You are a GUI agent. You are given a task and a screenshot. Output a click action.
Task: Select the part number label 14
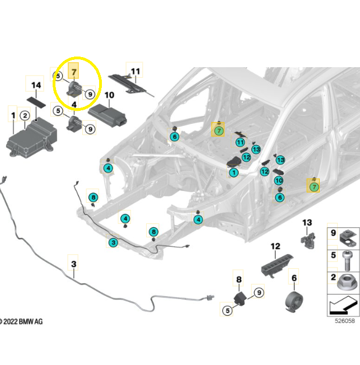[x=36, y=85]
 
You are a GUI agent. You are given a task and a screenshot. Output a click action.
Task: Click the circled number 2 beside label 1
[x=25, y=116]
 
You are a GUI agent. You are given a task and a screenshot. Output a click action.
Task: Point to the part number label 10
[x=109, y=95]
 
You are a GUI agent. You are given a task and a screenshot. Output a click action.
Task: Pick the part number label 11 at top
[x=134, y=71]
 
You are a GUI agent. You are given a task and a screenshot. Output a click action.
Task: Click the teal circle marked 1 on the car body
[x=233, y=173]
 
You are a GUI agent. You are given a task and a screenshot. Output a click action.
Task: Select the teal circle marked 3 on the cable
[x=113, y=242]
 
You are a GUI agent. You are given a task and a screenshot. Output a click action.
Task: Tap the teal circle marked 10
[x=279, y=180]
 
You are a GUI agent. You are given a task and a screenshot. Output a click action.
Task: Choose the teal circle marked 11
[x=240, y=143]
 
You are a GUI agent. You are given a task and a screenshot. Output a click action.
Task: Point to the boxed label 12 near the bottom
[x=275, y=246]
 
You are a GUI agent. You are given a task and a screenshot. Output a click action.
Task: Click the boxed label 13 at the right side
[x=307, y=223]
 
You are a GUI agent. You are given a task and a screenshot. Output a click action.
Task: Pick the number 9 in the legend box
[x=333, y=233]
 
